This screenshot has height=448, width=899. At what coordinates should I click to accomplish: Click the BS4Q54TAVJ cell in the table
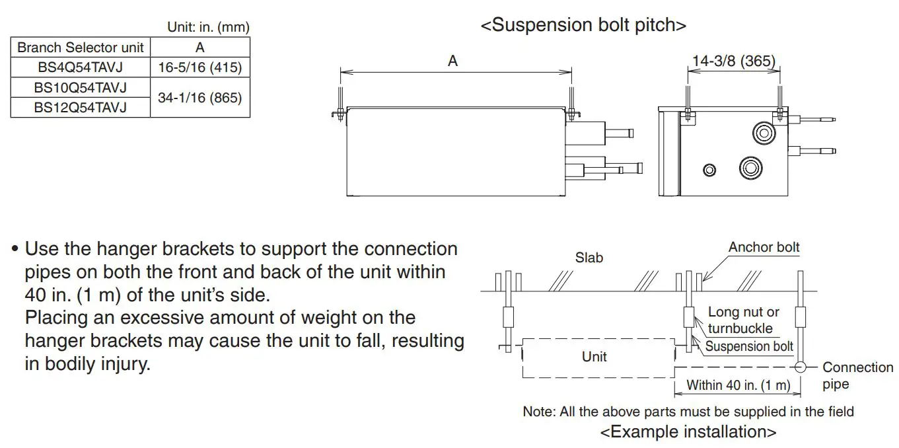(x=80, y=67)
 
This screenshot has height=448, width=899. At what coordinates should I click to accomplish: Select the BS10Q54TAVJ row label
(x=80, y=87)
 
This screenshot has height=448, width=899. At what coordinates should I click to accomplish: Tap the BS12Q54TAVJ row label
(x=80, y=107)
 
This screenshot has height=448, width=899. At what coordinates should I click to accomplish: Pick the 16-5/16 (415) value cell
(x=200, y=67)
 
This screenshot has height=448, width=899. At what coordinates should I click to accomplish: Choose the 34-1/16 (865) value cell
(x=200, y=98)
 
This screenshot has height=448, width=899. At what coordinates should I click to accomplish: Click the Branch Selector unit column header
(x=80, y=48)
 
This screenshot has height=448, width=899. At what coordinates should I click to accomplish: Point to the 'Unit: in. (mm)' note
(x=208, y=28)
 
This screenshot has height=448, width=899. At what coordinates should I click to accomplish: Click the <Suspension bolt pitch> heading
(x=583, y=25)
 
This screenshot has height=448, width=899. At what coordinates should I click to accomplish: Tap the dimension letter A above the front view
(x=452, y=61)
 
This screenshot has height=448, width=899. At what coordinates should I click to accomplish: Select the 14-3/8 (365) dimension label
(x=733, y=61)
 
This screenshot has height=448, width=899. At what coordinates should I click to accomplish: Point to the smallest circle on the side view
(x=709, y=170)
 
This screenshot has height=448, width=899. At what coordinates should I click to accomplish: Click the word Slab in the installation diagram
(x=589, y=258)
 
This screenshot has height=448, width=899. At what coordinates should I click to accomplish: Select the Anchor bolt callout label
(x=764, y=247)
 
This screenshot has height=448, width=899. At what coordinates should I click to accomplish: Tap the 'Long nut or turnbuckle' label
(x=743, y=320)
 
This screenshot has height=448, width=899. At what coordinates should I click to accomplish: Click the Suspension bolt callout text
(x=749, y=346)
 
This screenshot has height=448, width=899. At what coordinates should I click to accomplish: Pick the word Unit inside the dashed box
(x=594, y=357)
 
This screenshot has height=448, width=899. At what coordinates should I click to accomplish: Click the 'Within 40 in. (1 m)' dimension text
(x=738, y=385)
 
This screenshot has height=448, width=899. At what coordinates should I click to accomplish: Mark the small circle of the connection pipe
(x=801, y=367)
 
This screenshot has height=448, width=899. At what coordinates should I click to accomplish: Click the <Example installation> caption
(x=688, y=432)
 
